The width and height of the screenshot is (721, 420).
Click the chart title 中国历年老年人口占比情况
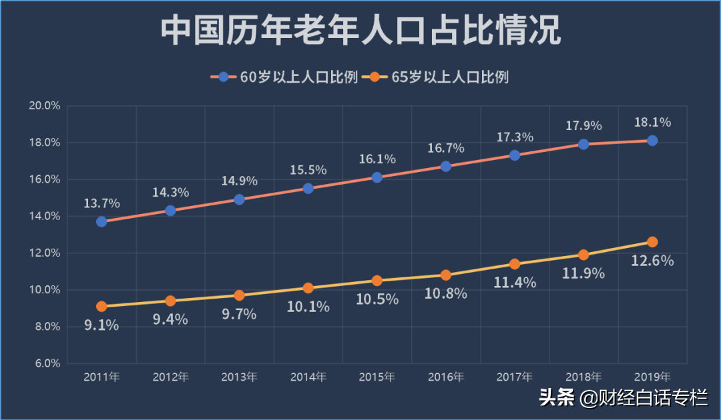pyautogui.click(x=360, y=31)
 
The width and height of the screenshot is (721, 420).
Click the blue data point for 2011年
pyautogui.click(x=101, y=221)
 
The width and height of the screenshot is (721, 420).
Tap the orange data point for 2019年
pyautogui.click(x=652, y=242)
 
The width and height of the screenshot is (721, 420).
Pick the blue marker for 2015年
pyautogui.click(x=377, y=177)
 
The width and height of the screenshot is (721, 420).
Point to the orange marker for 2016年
pyautogui.click(x=446, y=275)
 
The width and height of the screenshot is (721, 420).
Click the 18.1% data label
pyautogui.click(x=652, y=123)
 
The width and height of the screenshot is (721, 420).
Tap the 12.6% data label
pyautogui.click(x=652, y=261)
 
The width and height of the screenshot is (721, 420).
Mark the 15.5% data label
pyautogui.click(x=308, y=170)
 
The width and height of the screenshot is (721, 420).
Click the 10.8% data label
pyautogui.click(x=446, y=293)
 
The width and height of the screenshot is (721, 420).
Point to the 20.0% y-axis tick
pyautogui.click(x=45, y=105)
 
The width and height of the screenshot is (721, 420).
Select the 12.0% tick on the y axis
pyautogui.click(x=45, y=253)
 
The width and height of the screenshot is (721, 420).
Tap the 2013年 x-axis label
pyautogui.click(x=239, y=377)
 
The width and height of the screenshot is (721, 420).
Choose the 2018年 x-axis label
pyautogui.click(x=583, y=377)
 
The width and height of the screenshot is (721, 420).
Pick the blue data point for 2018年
pyautogui.click(x=583, y=144)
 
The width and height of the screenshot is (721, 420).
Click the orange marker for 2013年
pyautogui.click(x=239, y=295)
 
